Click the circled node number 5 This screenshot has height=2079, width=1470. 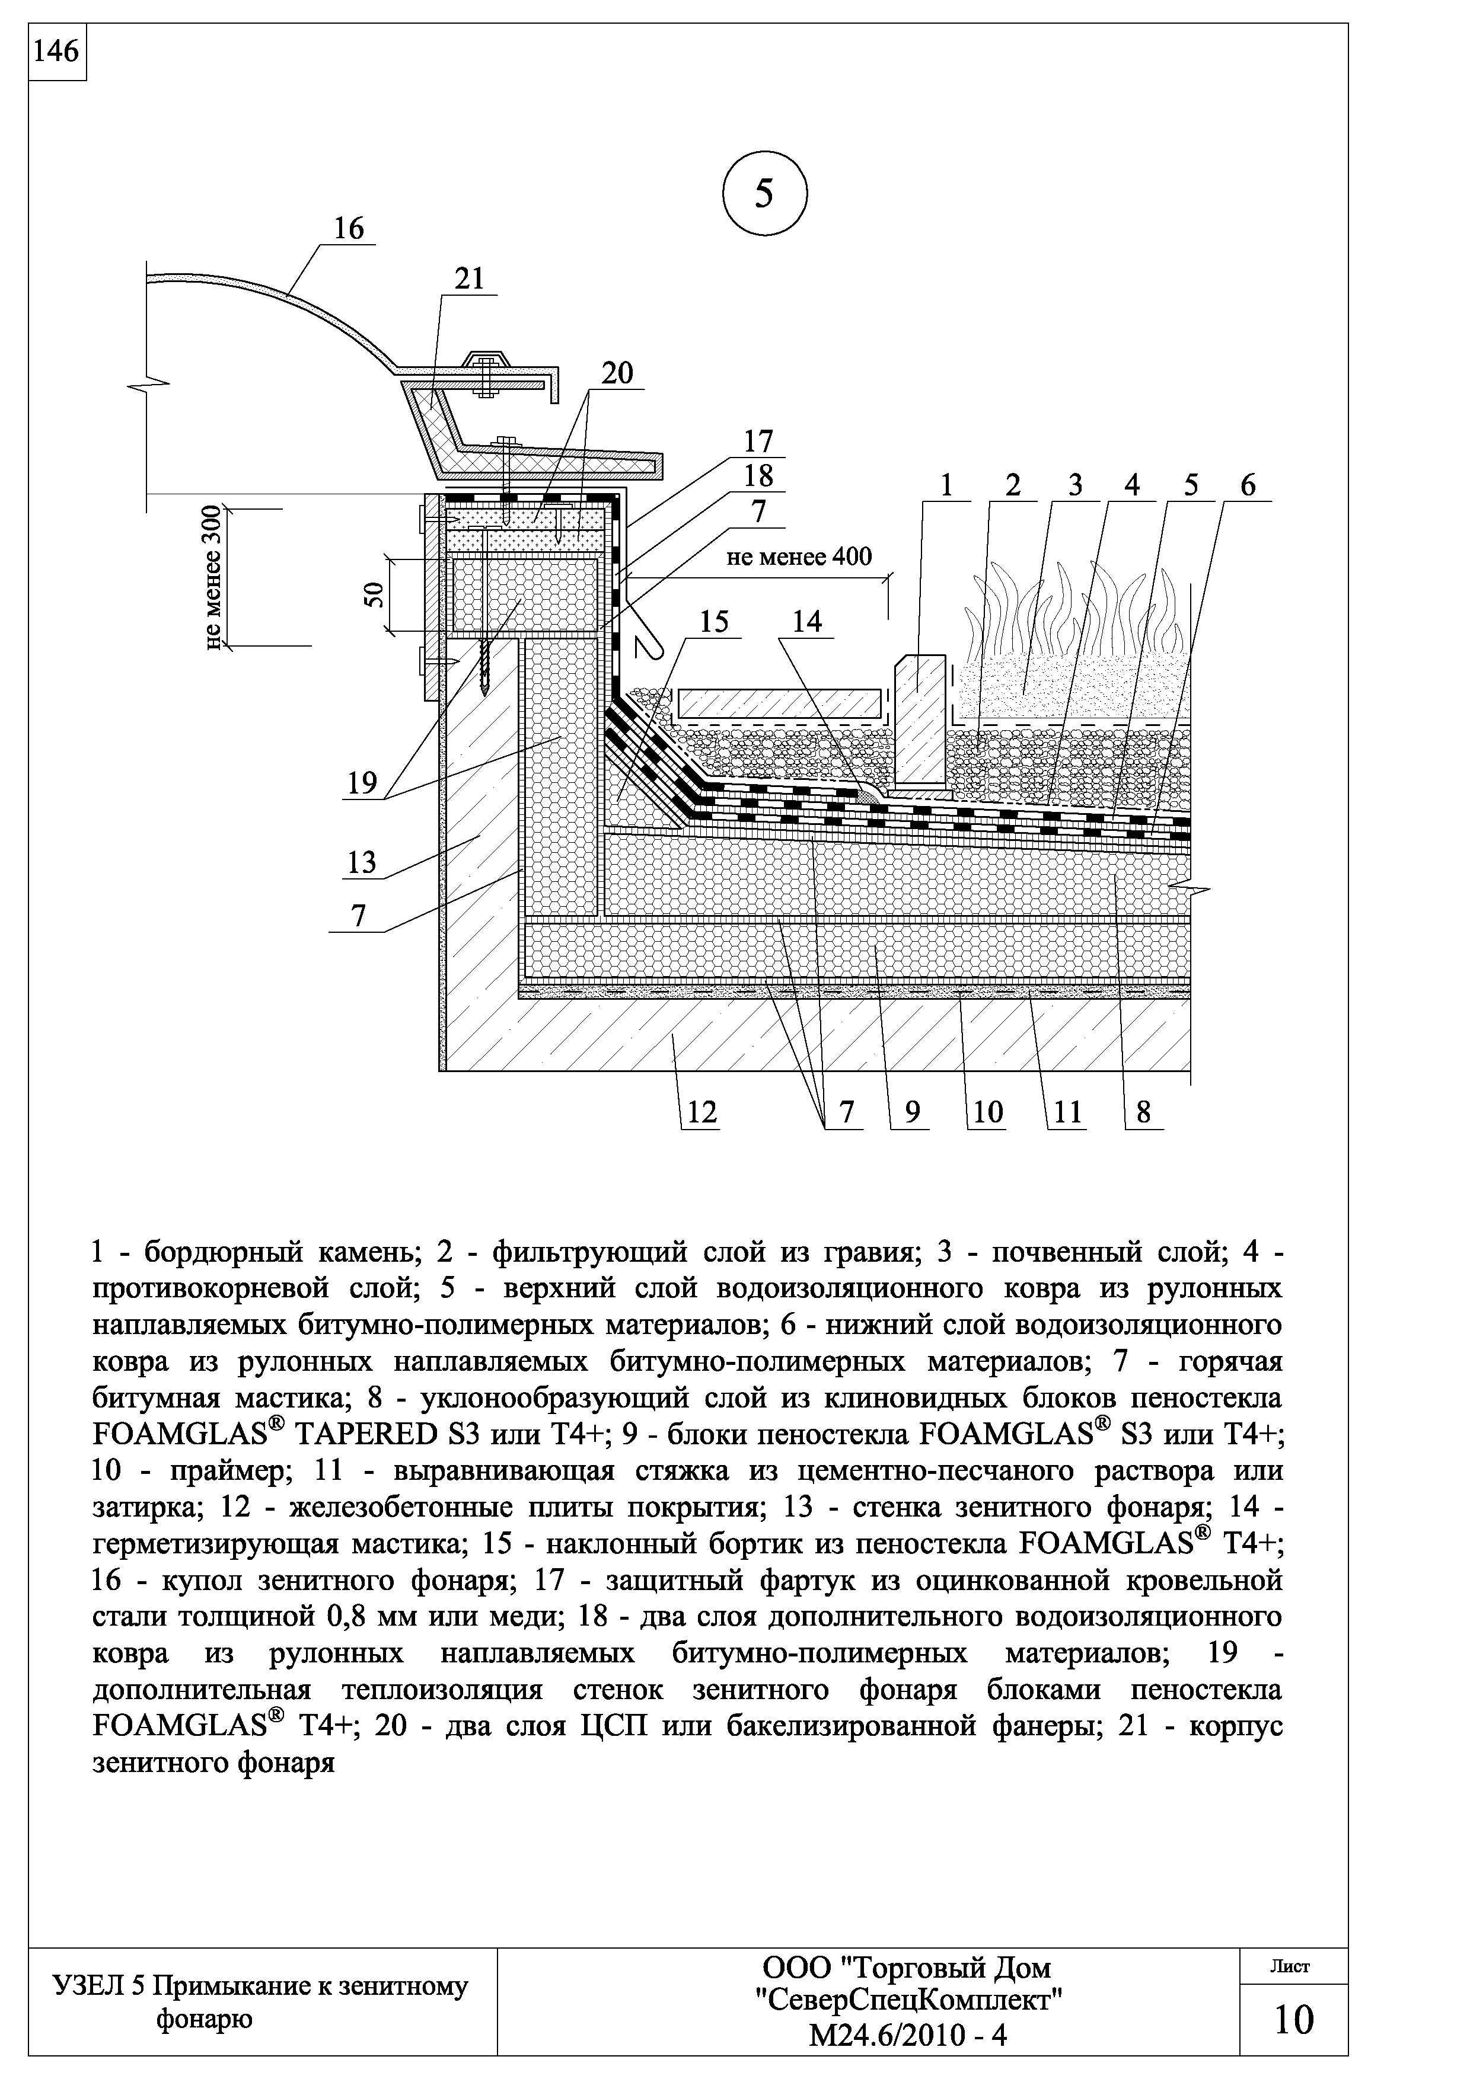pyautogui.click(x=764, y=194)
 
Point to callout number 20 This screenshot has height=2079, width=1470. pyautogui.click(x=618, y=374)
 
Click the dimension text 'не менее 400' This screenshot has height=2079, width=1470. pyautogui.click(x=799, y=556)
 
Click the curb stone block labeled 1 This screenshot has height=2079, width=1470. pyautogui.click(x=921, y=720)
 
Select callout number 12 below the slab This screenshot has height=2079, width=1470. pyautogui.click(x=701, y=1111)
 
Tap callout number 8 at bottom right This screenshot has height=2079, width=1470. pyautogui.click(x=1143, y=1112)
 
